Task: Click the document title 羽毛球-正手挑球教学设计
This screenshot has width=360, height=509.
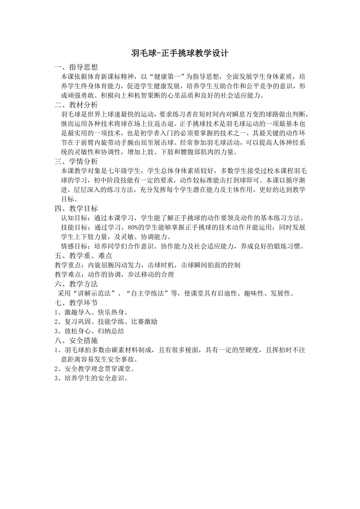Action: click(x=180, y=54)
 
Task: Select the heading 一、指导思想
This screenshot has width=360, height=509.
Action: click(x=76, y=67)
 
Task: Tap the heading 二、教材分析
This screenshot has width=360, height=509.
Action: click(x=76, y=105)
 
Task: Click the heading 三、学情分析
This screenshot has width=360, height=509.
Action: click(x=76, y=161)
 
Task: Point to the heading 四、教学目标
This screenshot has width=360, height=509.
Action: click(x=76, y=208)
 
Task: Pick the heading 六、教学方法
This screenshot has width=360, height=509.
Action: click(x=76, y=283)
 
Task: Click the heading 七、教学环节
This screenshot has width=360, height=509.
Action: click(x=76, y=303)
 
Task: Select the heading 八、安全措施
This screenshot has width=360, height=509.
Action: click(x=76, y=341)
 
